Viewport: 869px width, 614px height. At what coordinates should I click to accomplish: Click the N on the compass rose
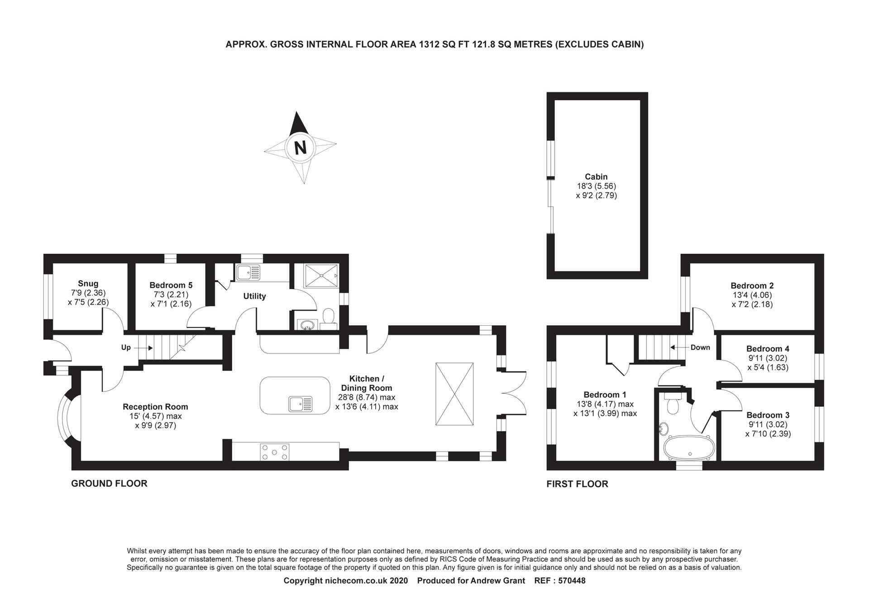coord(300,148)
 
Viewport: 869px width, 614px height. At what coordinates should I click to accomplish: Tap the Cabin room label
coord(596,177)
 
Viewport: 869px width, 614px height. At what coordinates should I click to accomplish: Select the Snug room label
coord(88,284)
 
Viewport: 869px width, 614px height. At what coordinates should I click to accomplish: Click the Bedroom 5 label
coord(171,285)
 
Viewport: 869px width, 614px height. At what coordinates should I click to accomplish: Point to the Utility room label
coord(254,296)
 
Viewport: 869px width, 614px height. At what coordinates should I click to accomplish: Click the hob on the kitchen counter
coord(274,452)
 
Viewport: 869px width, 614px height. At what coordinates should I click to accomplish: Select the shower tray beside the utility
coord(321,276)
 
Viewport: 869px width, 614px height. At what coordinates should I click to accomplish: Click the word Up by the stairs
coord(126,347)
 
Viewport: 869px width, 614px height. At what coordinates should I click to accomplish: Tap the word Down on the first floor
coord(700,347)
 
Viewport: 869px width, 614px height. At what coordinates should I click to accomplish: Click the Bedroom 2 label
coord(752,286)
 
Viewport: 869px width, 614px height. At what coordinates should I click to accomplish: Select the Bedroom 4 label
coord(768,348)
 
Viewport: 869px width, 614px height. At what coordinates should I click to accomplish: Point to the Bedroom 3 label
coord(768,415)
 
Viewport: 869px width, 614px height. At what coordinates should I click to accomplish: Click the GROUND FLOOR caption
coord(109,484)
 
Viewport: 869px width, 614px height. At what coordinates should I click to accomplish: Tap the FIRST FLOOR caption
coord(577,484)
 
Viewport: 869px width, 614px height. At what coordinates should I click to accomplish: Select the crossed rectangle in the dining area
coord(454,394)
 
